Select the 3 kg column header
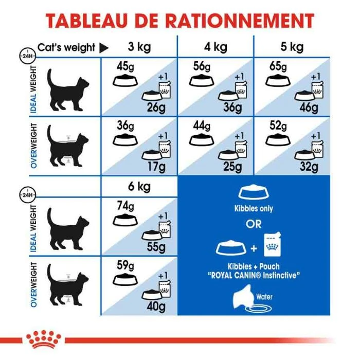(x=139, y=48)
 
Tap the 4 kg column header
(x=215, y=48)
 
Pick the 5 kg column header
(x=293, y=48)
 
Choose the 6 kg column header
(x=139, y=187)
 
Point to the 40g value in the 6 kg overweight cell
(x=155, y=306)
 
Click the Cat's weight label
(x=66, y=48)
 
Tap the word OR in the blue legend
(x=254, y=224)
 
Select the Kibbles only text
(x=254, y=209)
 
